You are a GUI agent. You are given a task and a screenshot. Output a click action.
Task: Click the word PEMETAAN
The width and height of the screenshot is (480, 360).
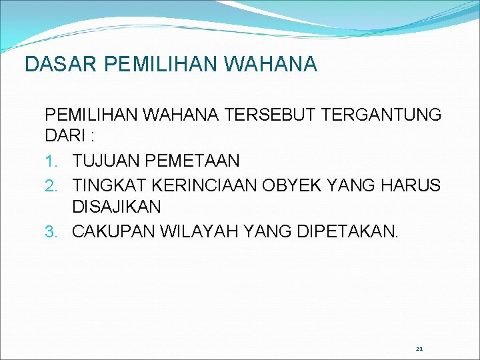coord(191,161)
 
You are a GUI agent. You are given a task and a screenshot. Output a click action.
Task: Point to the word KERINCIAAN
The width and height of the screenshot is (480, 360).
coord(205,185)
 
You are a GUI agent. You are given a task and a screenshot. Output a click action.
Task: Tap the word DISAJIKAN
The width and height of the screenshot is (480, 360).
coord(117,207)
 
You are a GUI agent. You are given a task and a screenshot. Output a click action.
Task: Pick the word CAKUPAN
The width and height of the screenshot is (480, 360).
coord(110,231)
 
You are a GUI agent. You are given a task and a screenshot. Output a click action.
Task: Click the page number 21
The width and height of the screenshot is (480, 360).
coord(419,349)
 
